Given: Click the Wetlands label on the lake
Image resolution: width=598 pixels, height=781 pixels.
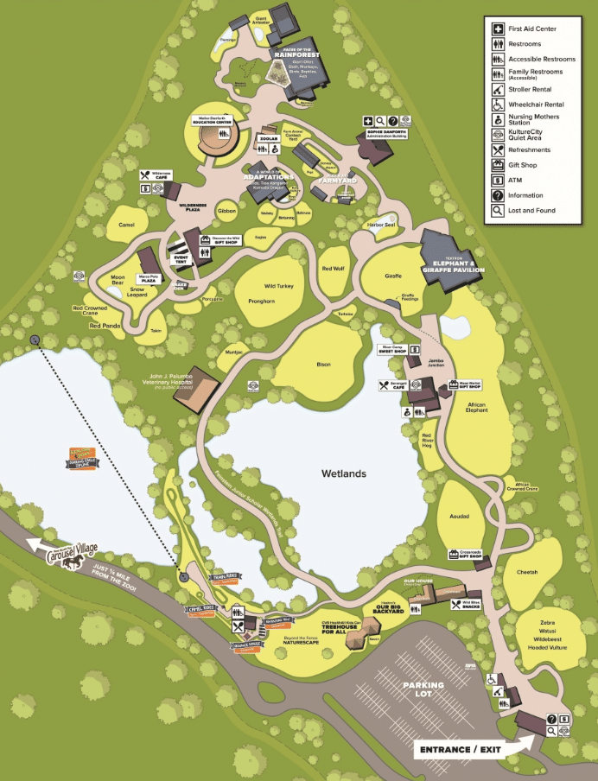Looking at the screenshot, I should point(344,473).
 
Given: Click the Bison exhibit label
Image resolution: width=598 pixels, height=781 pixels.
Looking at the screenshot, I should point(324,365).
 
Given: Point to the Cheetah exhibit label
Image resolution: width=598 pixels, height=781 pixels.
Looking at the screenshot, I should point(526,572).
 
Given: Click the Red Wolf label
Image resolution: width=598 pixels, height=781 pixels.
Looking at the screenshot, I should point(334,269).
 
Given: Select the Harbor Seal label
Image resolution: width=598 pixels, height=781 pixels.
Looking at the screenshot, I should point(379,225).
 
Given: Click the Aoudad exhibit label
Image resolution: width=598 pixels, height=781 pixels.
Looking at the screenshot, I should point(460,516).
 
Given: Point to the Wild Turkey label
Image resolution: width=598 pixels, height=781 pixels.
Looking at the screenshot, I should point(280,285).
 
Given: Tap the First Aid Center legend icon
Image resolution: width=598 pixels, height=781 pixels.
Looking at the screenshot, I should point(498,29).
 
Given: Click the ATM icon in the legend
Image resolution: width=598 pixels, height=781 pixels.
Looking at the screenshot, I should point(498,180).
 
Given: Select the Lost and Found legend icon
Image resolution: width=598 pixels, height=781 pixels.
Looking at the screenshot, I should point(498,210).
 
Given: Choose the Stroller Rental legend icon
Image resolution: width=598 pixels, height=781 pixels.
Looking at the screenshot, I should point(498,89).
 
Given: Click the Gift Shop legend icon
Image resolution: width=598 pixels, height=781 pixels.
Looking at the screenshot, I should point(498,164).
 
